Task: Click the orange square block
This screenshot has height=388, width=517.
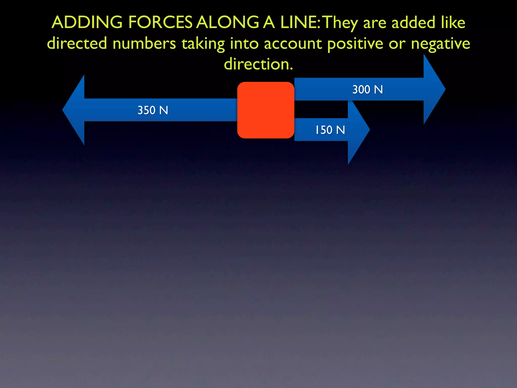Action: click(266, 110)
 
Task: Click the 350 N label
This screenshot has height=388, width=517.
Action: click(153, 110)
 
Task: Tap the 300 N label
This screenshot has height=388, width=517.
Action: click(368, 90)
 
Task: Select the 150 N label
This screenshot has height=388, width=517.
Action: click(330, 130)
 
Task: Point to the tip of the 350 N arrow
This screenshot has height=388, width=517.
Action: click(63, 110)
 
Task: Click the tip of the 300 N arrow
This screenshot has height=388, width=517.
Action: click(445, 89)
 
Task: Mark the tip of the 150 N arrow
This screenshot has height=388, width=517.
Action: click(369, 130)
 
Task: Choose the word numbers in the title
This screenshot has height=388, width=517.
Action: click(144, 43)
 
